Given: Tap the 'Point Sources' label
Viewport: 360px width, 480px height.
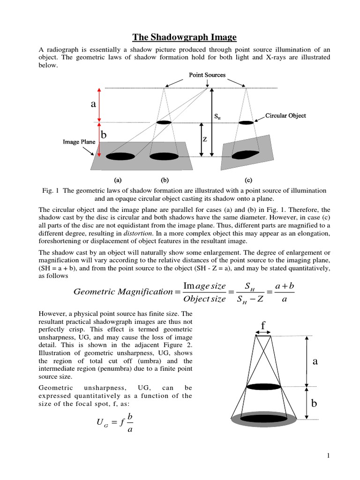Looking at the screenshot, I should [207, 75].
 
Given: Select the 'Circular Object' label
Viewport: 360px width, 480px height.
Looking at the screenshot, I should [285, 115].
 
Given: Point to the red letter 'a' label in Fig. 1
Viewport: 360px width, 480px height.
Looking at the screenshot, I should [93, 105].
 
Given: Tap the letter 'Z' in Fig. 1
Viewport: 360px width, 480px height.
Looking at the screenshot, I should [204, 139].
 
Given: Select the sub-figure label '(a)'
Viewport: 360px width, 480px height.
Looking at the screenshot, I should [118, 180].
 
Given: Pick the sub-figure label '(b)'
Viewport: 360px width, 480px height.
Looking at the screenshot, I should [165, 180].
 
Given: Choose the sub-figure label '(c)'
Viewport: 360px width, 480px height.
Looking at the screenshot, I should [248, 180].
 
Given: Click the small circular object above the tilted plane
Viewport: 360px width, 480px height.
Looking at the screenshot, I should [246, 122].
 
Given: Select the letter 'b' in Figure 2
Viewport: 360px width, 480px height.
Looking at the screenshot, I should [315, 404].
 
